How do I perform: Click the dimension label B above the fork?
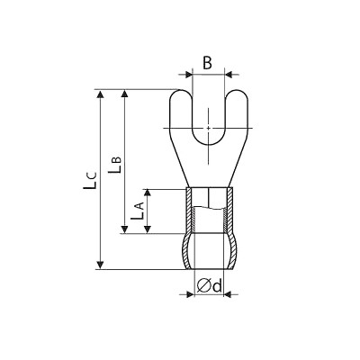tap(207, 63)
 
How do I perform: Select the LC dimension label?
tap(90, 180)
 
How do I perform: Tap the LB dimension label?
tap(114, 164)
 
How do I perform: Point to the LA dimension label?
tap(138, 211)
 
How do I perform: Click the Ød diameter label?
tap(210, 285)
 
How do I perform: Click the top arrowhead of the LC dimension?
tap(101, 94)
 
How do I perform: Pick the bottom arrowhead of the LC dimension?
tap(101, 265)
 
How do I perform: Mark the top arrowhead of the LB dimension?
tap(125, 94)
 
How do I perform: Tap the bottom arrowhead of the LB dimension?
tap(125, 229)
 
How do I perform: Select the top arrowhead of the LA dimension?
tap(148, 193)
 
